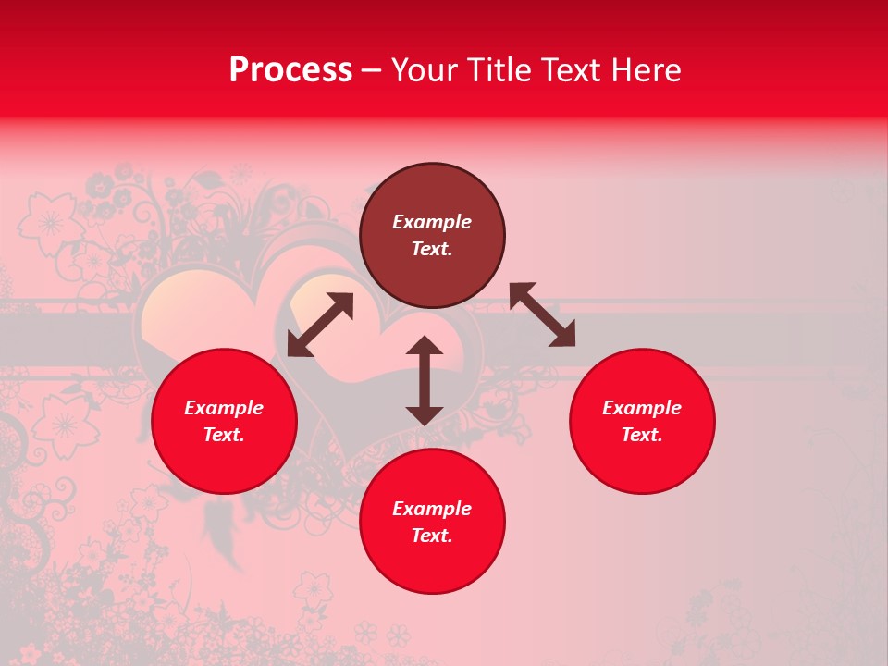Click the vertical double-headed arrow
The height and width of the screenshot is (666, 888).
click(x=425, y=380)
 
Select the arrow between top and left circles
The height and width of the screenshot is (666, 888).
click(x=320, y=325)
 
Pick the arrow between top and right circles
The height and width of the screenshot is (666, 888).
click(x=542, y=314)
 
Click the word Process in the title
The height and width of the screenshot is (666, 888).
click(x=290, y=70)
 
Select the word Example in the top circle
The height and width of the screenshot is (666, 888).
click(x=432, y=222)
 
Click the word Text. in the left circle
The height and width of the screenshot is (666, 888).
click(x=224, y=435)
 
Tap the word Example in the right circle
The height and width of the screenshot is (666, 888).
click(x=642, y=408)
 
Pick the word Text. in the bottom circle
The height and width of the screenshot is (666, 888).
click(x=432, y=536)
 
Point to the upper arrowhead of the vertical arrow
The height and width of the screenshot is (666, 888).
click(x=425, y=346)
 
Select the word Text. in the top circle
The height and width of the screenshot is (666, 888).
click(x=432, y=249)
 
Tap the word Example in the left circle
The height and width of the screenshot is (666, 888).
click(x=224, y=408)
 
